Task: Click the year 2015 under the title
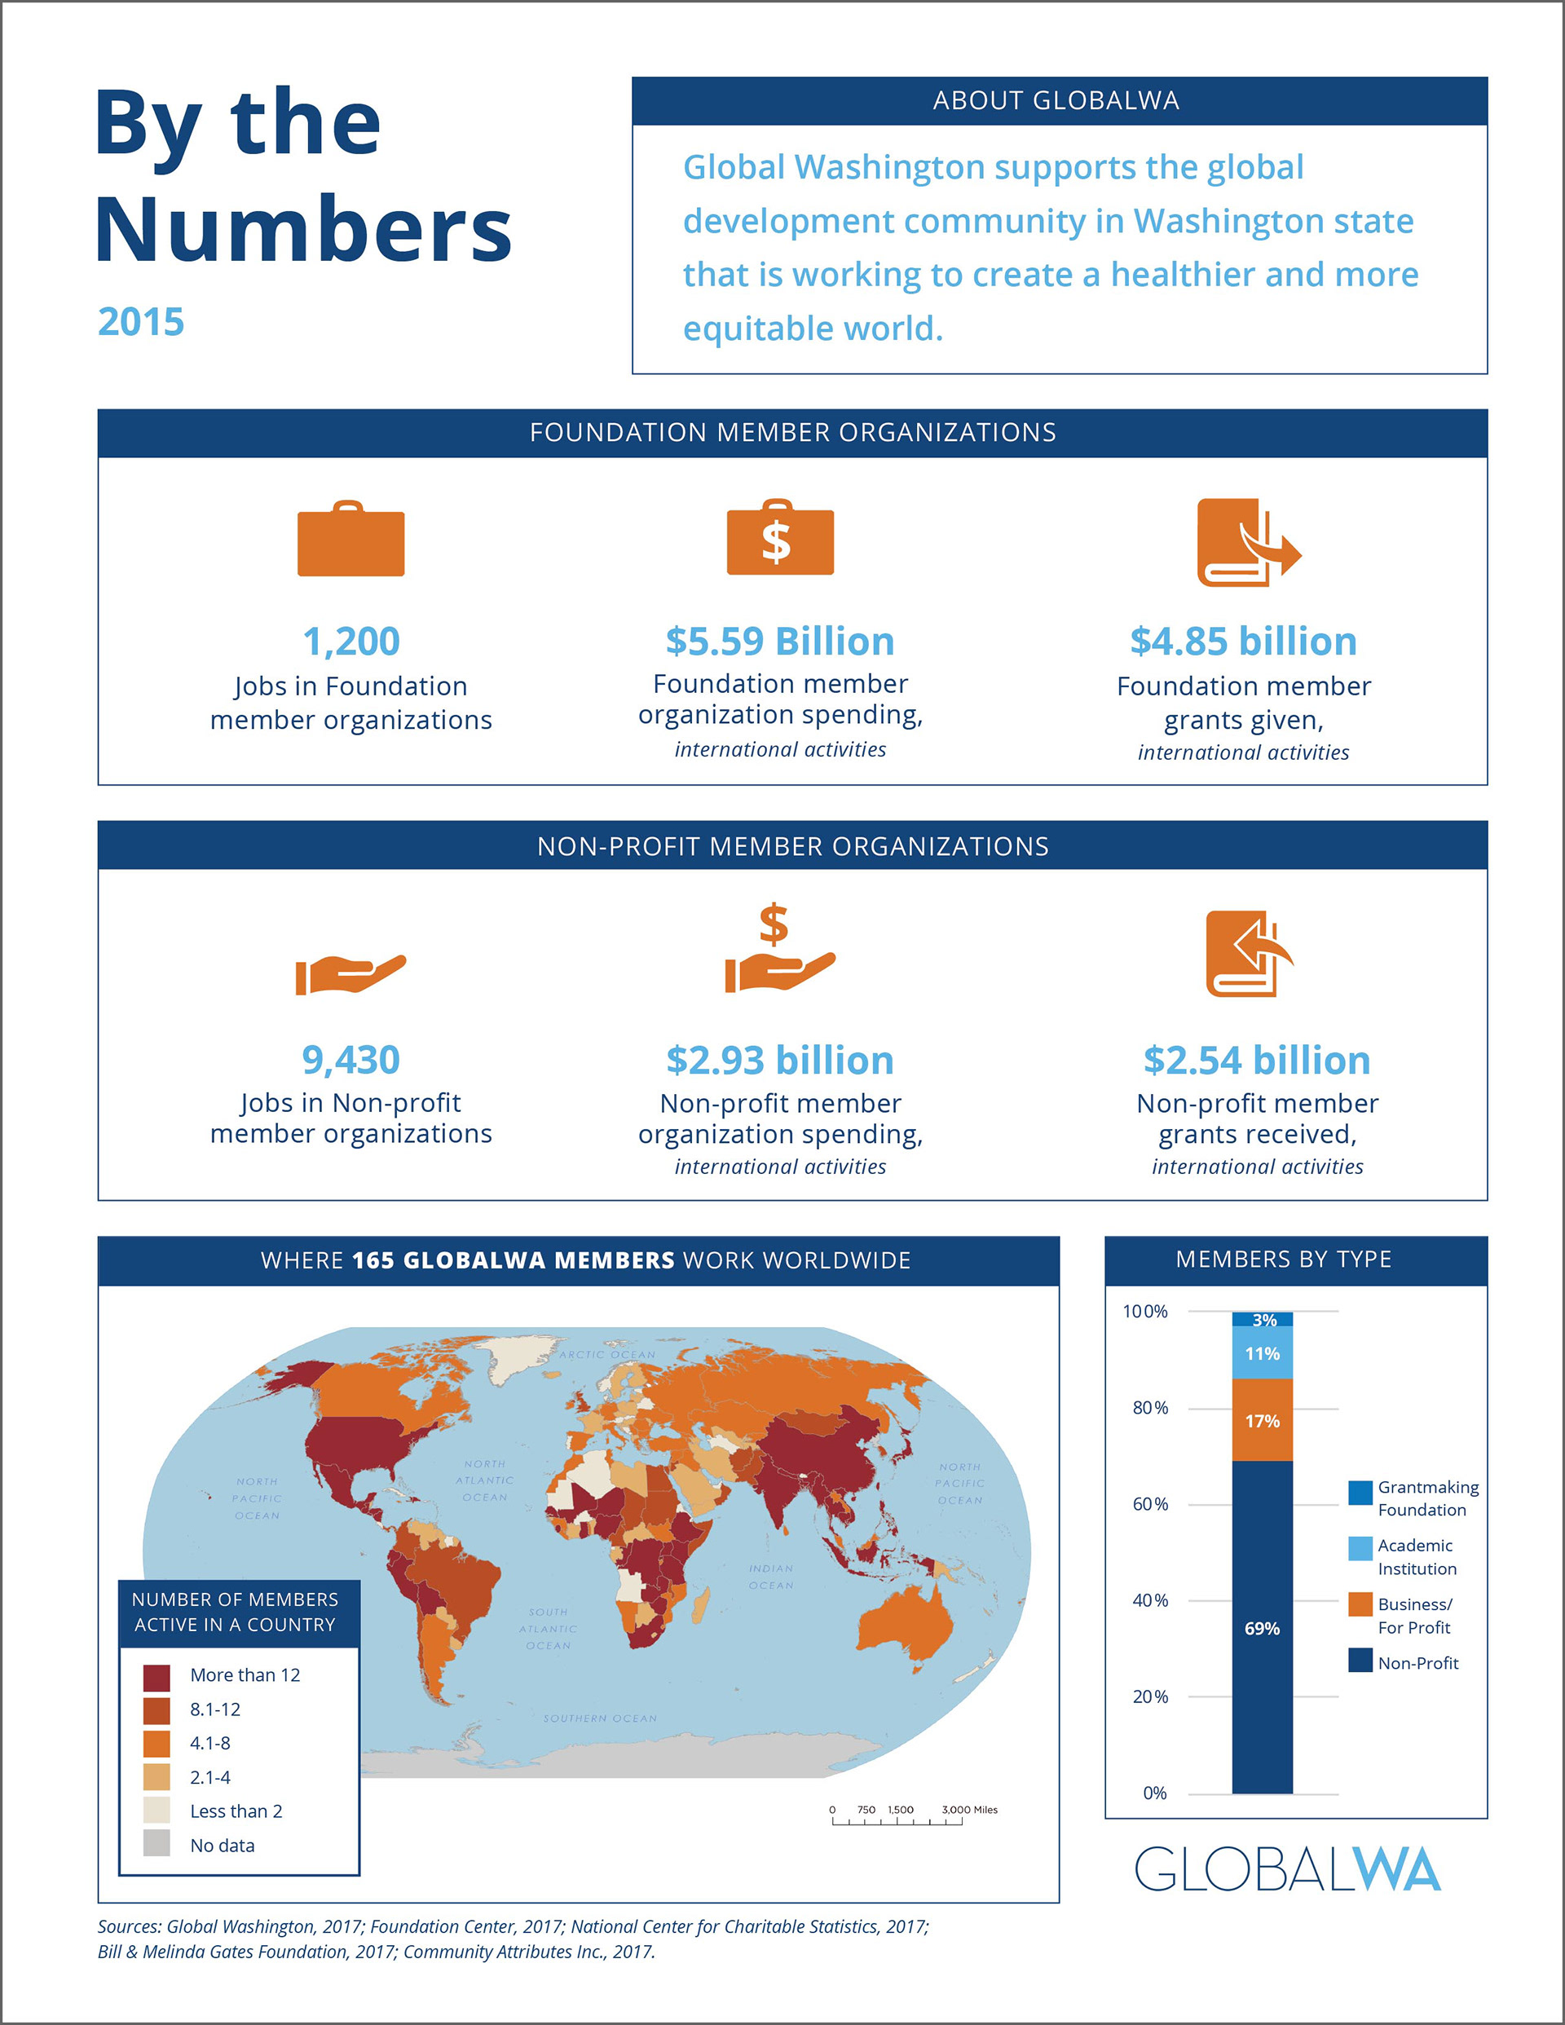[x=141, y=322]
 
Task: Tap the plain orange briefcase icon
[x=350, y=540]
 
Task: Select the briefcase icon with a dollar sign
[x=780, y=539]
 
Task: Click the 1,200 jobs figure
[x=350, y=641]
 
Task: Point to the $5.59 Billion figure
[x=780, y=641]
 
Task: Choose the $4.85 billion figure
[x=1242, y=641]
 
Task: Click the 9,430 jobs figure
[x=350, y=1060]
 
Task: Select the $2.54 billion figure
[x=1256, y=1060]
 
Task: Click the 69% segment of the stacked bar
[x=1262, y=1627]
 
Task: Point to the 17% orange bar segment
[x=1262, y=1420]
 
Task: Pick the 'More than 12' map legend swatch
[x=156, y=1674]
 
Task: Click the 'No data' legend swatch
[x=156, y=1845]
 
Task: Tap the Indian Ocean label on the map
[x=770, y=1577]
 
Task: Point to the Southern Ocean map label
[x=600, y=1718]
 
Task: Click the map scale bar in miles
[x=897, y=1820]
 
